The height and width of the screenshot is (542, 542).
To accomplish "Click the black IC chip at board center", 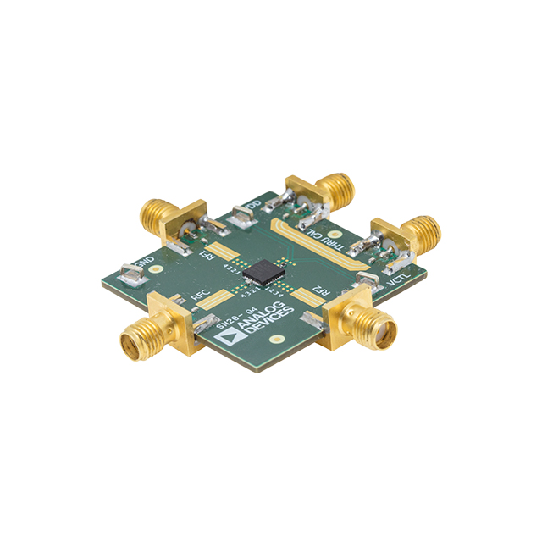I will (x=263, y=270).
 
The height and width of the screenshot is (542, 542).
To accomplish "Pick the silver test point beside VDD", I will (x=240, y=218).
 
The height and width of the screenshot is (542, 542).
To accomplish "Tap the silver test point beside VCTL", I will (x=367, y=278).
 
